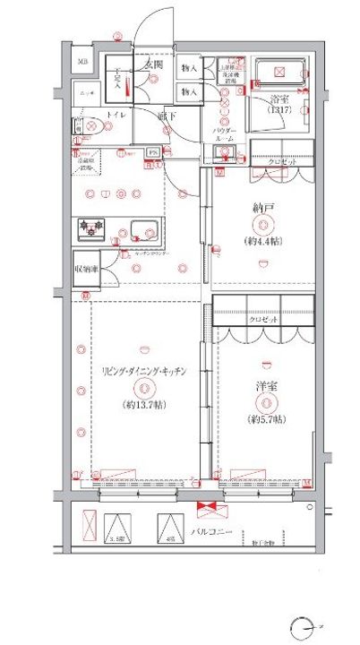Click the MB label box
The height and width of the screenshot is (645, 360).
click(x=82, y=62)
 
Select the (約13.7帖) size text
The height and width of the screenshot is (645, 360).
click(x=143, y=404)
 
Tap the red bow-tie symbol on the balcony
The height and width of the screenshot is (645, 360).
click(x=208, y=511)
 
